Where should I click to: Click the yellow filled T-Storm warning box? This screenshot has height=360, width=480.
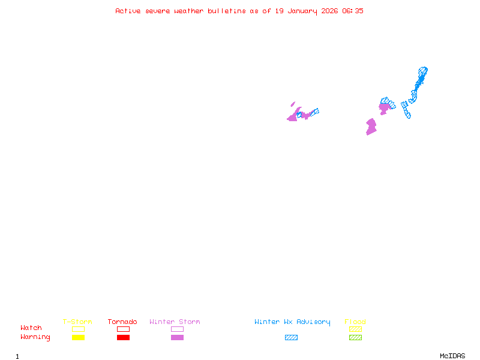point(78,338)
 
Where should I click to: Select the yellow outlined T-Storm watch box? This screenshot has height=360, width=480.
point(78,329)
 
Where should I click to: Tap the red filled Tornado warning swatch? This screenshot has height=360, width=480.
point(123,338)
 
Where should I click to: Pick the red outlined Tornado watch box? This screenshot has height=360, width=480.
point(123,329)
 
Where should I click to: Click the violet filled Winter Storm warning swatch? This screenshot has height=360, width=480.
point(177,338)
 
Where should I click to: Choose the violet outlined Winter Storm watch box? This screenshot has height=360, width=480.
point(177,329)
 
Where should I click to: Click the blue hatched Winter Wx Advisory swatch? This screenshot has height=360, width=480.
point(291,338)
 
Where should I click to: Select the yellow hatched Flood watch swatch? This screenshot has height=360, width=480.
point(355,329)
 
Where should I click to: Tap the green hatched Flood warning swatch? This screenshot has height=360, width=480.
point(355,338)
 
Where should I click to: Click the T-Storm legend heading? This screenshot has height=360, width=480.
point(77,322)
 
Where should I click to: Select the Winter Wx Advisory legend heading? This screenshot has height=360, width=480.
point(292,322)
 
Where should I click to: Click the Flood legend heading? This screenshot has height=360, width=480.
point(355,322)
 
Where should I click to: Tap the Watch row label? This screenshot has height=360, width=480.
point(31,328)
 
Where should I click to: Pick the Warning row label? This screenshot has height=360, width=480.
point(35,337)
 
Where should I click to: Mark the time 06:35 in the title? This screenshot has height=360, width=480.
point(352,11)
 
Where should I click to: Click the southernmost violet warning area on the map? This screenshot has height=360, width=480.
point(371,127)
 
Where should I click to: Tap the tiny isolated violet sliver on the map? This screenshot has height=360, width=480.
point(293,104)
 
